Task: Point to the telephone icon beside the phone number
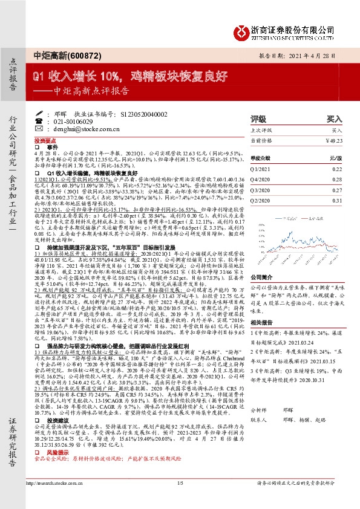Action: pos(48,121)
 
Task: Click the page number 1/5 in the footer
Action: pos(180,499)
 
